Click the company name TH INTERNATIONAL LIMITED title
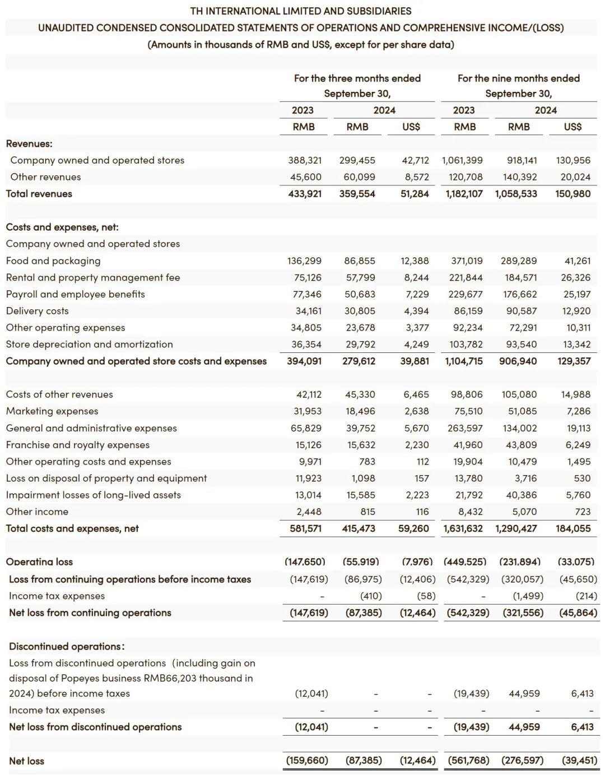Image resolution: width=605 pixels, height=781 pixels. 301,11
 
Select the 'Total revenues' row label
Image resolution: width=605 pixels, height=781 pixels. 39,194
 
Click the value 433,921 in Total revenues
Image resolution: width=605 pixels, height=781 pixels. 305,194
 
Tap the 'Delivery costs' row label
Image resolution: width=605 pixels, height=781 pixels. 38,311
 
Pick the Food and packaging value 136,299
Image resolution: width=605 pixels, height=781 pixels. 305,261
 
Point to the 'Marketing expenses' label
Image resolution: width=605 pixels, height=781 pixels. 52,411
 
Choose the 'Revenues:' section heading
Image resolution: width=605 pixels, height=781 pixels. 29,144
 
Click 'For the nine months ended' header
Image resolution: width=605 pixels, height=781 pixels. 518,78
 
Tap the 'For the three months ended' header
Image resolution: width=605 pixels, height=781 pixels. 357,78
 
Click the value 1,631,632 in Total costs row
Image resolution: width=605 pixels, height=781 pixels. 463,529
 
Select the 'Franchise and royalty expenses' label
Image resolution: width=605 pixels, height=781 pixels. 78,445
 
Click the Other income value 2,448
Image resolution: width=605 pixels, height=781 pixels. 309,512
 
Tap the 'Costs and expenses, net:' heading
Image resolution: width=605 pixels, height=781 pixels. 62,227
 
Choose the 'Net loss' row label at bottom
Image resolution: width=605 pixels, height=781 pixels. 26,761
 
